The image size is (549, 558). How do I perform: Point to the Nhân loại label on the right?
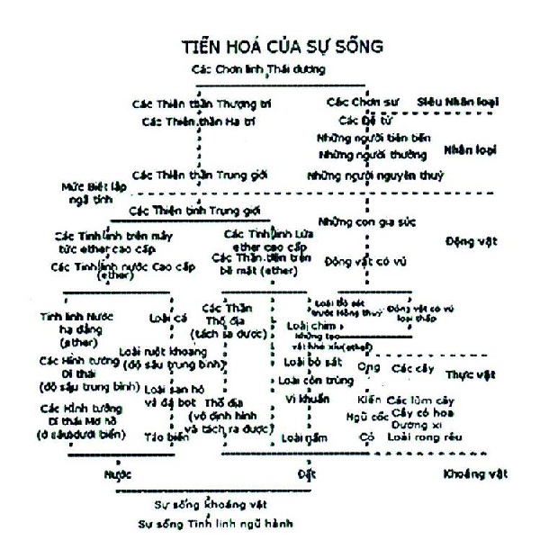tap(472, 149)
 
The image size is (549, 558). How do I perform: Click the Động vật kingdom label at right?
tap(470, 241)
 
